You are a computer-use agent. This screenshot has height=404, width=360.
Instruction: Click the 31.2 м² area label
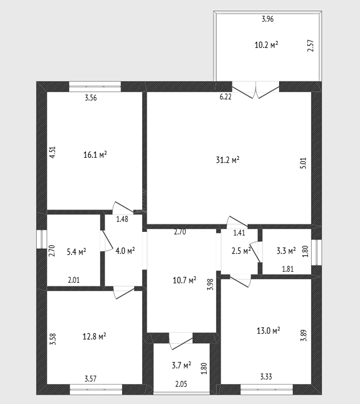coord(228,160)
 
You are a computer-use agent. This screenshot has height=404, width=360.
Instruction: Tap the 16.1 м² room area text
coord(95,154)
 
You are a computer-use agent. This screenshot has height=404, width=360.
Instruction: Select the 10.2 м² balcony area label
coord(267,45)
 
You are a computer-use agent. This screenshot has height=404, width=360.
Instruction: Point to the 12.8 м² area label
coord(94,336)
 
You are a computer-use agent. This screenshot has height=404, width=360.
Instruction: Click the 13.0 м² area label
coord(268,330)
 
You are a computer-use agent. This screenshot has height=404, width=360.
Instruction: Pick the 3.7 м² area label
coord(182,365)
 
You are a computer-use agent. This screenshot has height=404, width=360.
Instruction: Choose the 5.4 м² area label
coord(77,252)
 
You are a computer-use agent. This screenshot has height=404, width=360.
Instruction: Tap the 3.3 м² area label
coord(286,251)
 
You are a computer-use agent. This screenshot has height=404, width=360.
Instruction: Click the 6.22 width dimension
coord(226,97)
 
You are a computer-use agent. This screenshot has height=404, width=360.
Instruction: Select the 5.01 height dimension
coord(303,163)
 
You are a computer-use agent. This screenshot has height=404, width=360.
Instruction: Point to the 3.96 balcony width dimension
coord(268,19)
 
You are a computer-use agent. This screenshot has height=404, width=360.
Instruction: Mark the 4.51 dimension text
coord(52,152)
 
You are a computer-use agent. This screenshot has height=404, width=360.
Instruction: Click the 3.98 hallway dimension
coord(210,284)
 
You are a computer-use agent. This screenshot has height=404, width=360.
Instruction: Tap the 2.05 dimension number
coord(181,384)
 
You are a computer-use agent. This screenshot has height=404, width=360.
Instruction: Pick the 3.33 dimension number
coord(266,377)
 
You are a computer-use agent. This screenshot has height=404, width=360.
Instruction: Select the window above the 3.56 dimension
coord(95,87)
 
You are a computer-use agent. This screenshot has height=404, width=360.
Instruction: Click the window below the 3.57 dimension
coord(96,389)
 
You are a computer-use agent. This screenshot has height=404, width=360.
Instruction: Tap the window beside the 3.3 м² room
coord(316,252)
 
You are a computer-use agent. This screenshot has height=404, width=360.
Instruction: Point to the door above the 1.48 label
coord(123,208)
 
